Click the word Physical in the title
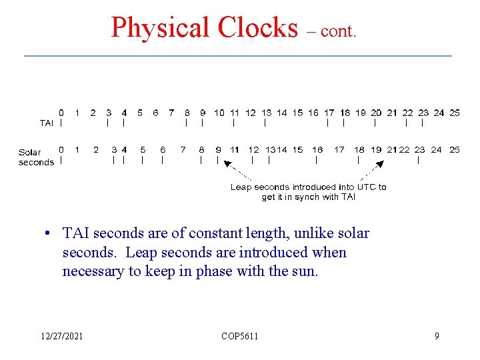click(x=160, y=28)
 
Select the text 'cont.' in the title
click(x=339, y=31)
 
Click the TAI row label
click(x=47, y=123)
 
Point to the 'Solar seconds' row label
click(x=36, y=157)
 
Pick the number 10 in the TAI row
click(x=219, y=113)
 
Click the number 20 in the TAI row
click(x=376, y=113)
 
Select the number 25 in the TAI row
click(x=455, y=113)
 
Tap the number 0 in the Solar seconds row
click(x=61, y=149)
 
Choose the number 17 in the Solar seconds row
click(x=339, y=149)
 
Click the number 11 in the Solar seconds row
click(x=234, y=149)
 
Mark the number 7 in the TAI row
click(x=171, y=113)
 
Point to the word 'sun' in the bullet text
click(x=305, y=271)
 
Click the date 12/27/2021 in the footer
click(x=61, y=336)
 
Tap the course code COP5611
click(x=239, y=336)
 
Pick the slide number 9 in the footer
click(x=437, y=336)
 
